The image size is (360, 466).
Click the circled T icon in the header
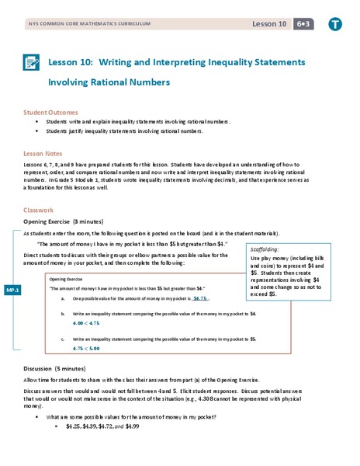pos(334,23)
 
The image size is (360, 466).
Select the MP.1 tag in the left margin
pos(12,289)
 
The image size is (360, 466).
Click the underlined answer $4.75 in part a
pos(201,297)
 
